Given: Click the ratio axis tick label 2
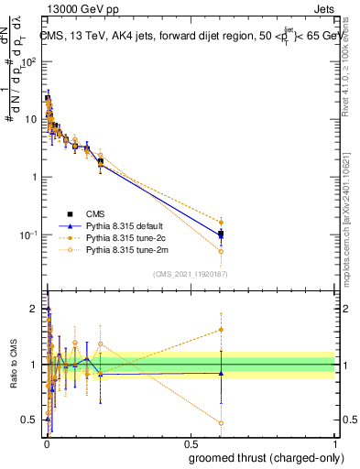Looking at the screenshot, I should coord(34,309).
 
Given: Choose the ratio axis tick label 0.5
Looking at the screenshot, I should coord(30,420).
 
